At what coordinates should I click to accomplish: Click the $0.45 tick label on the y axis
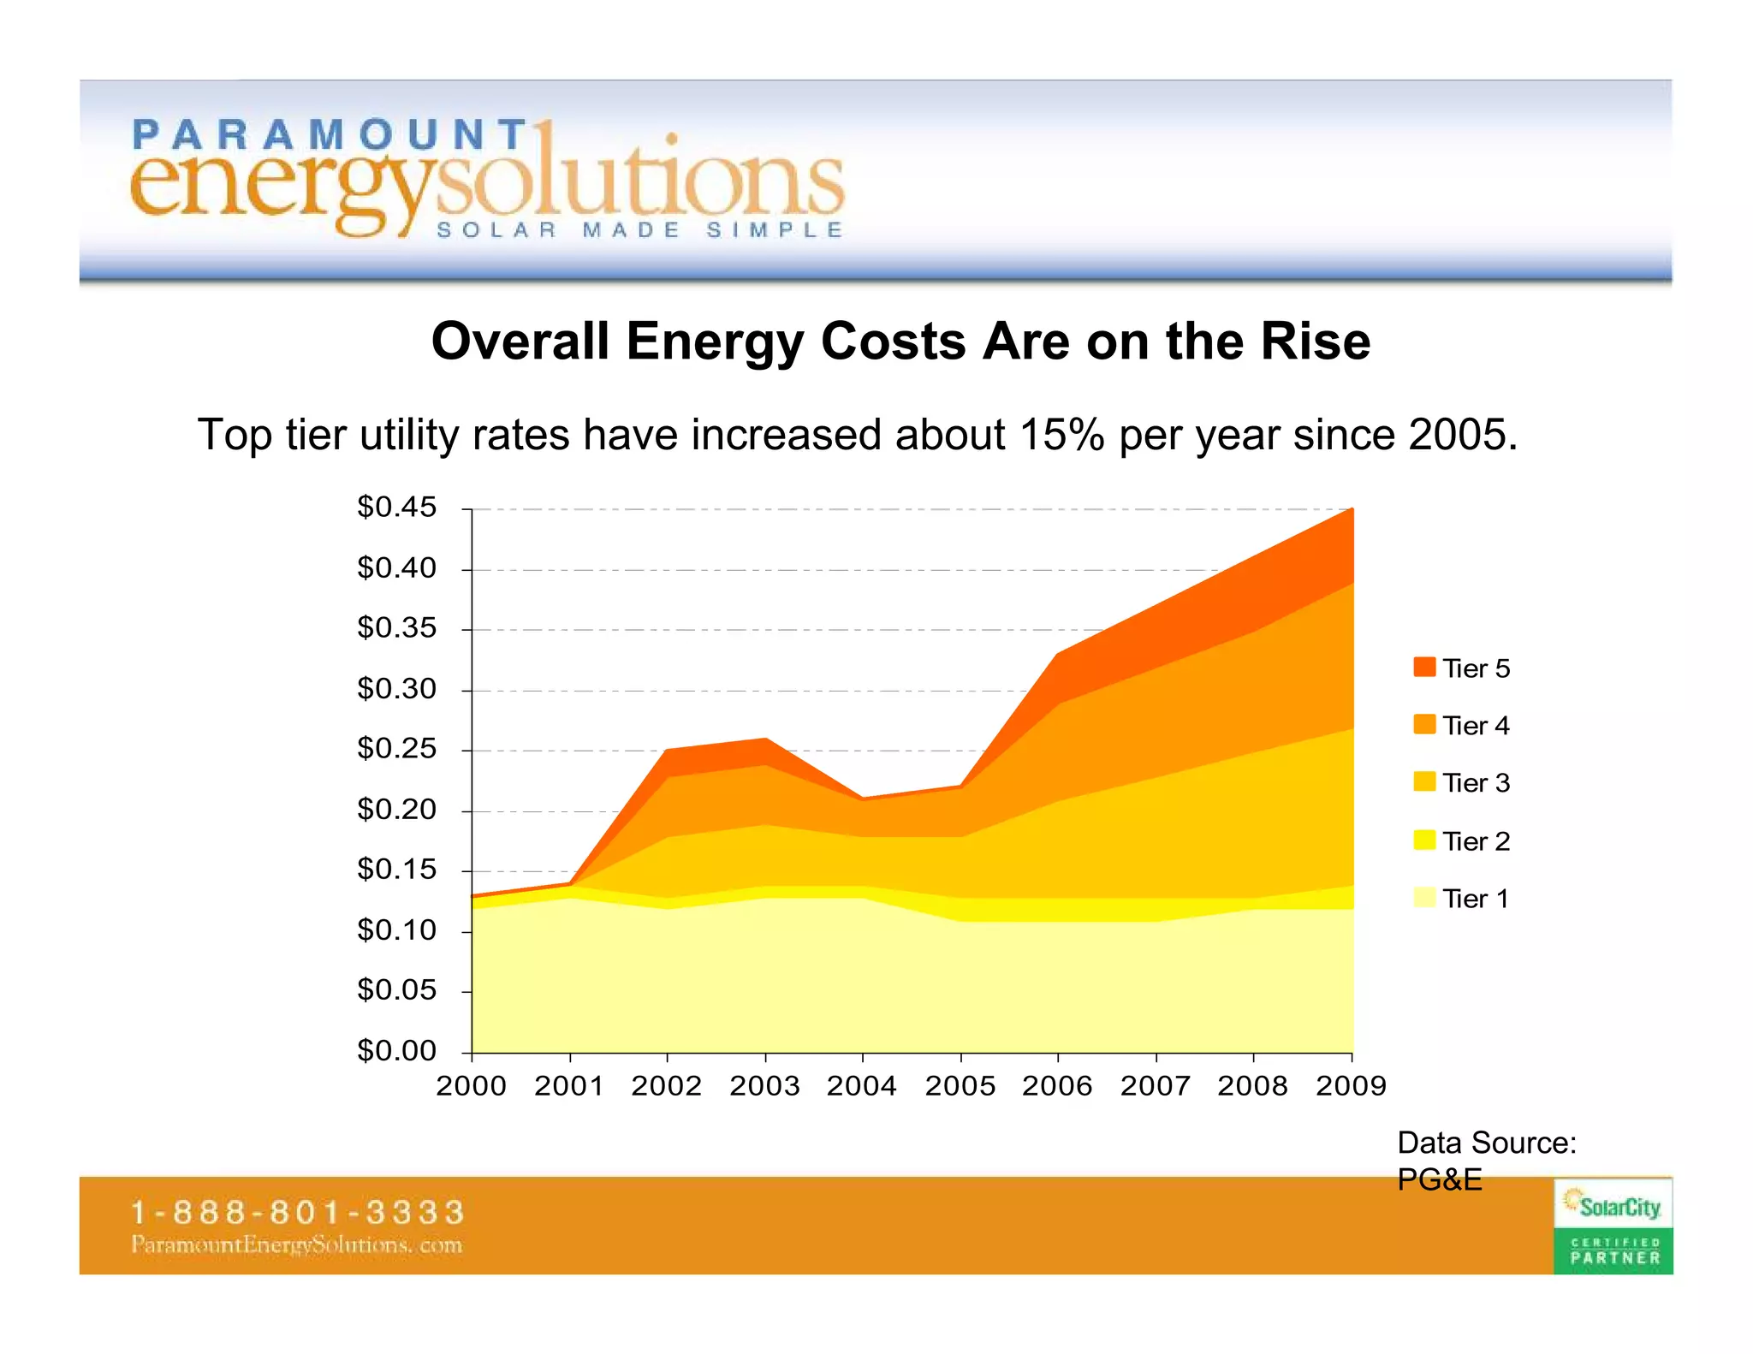click(396, 508)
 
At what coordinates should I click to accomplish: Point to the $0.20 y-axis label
click(396, 810)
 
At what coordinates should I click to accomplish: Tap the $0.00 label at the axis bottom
click(396, 1050)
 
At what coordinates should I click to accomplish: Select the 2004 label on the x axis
click(861, 1086)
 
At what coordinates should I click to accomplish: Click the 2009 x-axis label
click(1351, 1086)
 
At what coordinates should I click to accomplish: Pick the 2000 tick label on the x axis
click(471, 1086)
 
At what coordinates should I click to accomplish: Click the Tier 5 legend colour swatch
click(1424, 667)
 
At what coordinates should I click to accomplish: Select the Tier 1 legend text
click(1475, 899)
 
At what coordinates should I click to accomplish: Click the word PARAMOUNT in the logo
click(330, 135)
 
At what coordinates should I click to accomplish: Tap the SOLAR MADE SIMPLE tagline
click(640, 230)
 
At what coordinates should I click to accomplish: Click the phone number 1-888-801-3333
click(297, 1213)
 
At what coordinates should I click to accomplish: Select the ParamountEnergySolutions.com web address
click(296, 1244)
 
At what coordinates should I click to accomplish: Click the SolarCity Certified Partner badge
click(1613, 1226)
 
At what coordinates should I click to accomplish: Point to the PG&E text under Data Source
click(1439, 1180)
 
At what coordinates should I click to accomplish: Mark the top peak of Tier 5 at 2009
click(1352, 510)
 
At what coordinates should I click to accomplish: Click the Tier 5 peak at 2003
click(765, 739)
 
